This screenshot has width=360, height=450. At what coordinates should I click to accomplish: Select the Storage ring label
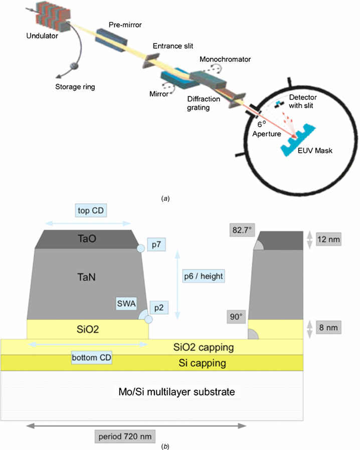[x=75, y=86]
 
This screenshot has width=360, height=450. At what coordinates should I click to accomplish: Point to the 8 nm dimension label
[x=330, y=328]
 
